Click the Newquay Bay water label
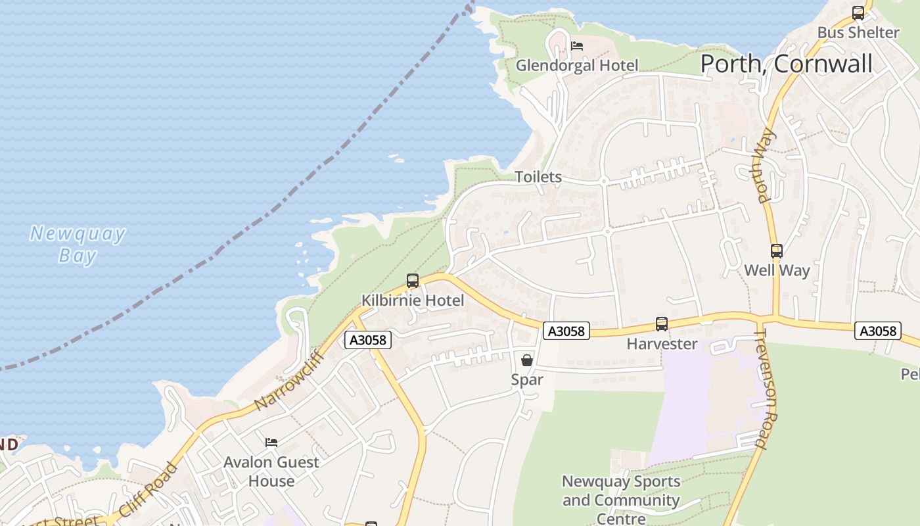click(x=78, y=245)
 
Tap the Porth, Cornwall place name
click(x=786, y=64)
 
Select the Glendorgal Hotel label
click(x=576, y=65)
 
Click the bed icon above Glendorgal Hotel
click(x=577, y=46)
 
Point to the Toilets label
click(x=538, y=177)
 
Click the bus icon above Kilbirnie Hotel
click(x=413, y=281)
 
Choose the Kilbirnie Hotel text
click(x=413, y=300)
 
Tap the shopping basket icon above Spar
click(x=527, y=360)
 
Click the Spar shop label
click(x=527, y=379)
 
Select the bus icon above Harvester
click(x=662, y=324)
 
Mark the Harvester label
click(x=662, y=343)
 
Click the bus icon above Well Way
click(x=777, y=251)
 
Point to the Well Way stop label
click(x=777, y=270)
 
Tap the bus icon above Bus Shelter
click(x=858, y=13)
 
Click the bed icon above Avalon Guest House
click(x=271, y=442)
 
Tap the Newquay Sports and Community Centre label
click(x=621, y=500)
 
